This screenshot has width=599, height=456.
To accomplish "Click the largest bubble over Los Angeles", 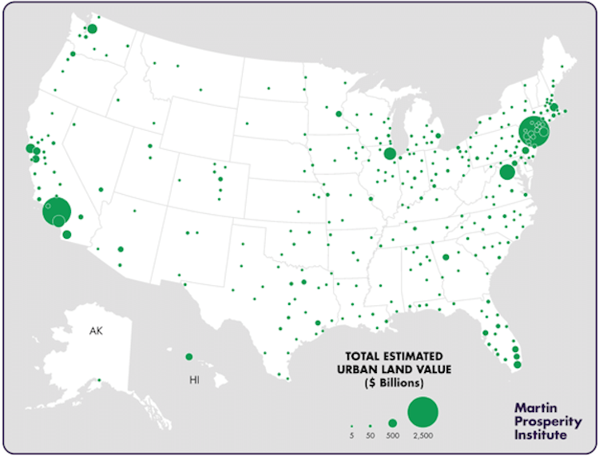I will pos(57,212).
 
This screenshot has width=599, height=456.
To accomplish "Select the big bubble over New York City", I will pos(533,130).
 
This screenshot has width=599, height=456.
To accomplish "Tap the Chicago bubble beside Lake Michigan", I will pos(390,154).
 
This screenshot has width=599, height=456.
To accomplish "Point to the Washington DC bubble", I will pos(506,172).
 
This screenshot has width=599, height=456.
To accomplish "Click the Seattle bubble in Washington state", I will pos(92,29).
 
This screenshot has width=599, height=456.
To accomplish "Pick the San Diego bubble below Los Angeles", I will pos(67,235).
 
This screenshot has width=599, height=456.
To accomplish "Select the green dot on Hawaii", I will pos(189,357).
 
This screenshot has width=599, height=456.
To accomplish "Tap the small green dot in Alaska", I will pos(99,380).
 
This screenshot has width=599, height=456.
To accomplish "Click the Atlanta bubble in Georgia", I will pos(446,257).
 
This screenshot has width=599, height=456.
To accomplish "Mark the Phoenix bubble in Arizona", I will pos(121,249).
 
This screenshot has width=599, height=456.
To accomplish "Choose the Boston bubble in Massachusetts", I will pos(553,108).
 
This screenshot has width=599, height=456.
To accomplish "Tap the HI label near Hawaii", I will pos(195,381).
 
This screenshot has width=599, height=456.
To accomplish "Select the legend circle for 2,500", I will pos(423,412).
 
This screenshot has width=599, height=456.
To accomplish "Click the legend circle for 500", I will pos(392,422).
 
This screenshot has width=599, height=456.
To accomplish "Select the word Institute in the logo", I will pos(541,435).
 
